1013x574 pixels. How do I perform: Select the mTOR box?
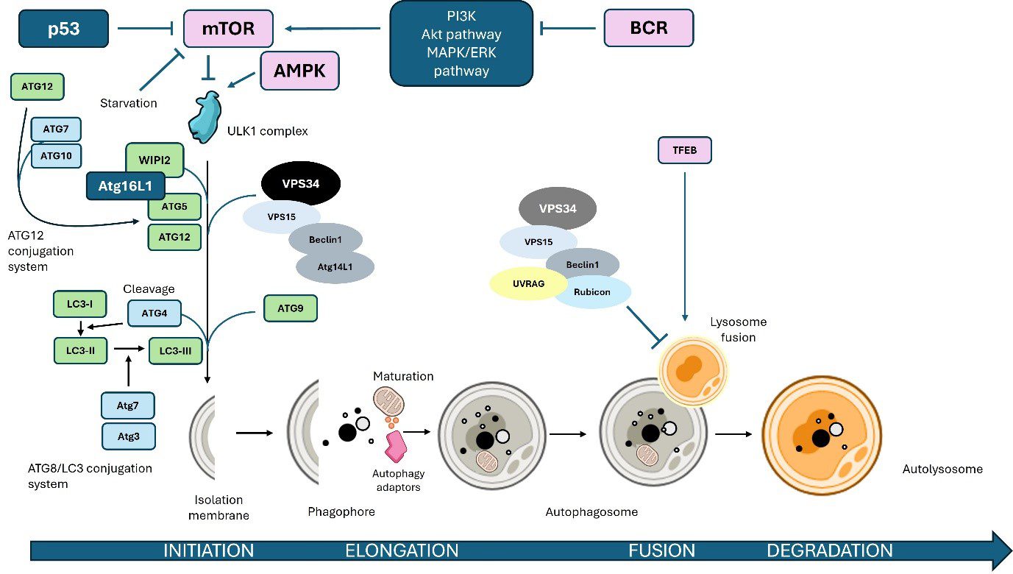(228, 30)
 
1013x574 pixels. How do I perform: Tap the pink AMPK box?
(299, 71)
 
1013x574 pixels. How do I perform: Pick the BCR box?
(648, 29)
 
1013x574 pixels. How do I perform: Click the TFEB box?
(684, 151)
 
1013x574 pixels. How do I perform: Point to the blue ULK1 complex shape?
(207, 117)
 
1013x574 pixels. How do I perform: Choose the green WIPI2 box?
(154, 160)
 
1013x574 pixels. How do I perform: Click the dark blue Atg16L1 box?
(125, 187)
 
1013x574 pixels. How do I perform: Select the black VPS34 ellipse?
(300, 182)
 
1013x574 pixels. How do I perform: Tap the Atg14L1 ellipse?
(335, 267)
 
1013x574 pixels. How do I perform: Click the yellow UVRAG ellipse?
(527, 283)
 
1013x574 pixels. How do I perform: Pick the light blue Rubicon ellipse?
(592, 291)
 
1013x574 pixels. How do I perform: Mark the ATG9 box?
(291, 309)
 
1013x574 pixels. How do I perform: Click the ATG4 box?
(154, 313)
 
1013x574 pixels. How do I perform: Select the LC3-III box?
(175, 351)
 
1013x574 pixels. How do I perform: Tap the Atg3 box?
(128, 436)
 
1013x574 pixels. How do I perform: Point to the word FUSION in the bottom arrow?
(661, 550)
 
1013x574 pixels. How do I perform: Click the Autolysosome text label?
(942, 469)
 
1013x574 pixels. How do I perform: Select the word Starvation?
(129, 103)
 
